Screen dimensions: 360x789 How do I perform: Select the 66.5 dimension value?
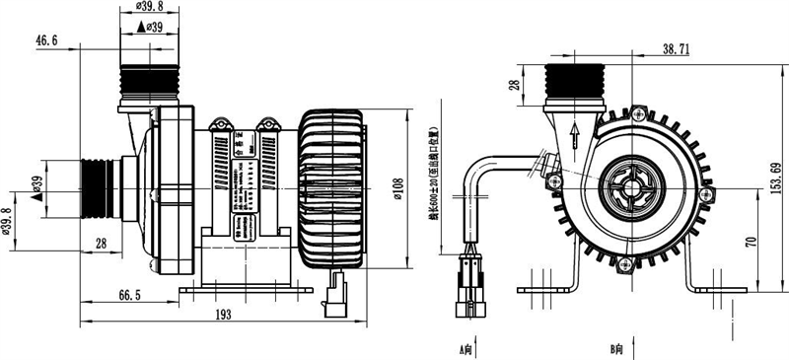tap(128, 294)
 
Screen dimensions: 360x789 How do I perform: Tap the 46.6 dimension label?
tap(46, 40)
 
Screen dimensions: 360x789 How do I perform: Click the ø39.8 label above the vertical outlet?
tap(148, 9)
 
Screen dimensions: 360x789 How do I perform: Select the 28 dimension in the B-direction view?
tap(513, 87)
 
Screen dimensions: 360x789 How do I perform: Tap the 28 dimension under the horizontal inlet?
tap(101, 243)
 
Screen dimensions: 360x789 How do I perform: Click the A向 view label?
tap(466, 349)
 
